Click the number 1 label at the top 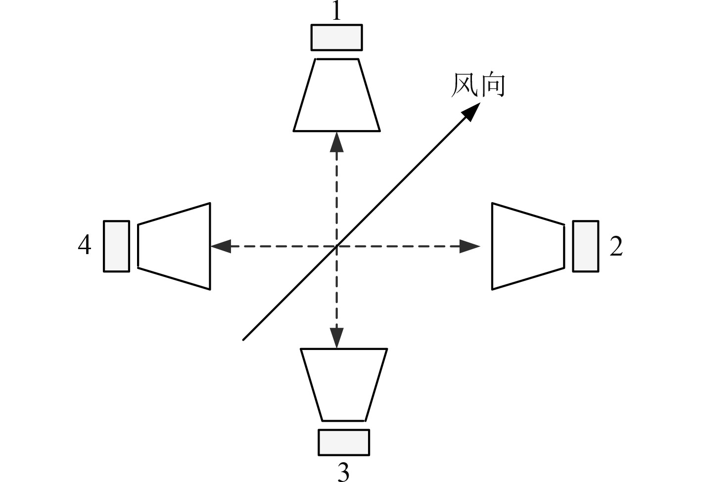[x=336, y=11]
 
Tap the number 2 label [x=616, y=246]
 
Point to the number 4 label [x=85, y=245]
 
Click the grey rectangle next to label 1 [x=336, y=38]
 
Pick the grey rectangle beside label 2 [x=586, y=246]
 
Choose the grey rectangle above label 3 [x=344, y=442]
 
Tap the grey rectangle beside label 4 [x=117, y=246]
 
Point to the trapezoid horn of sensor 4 [x=174, y=246]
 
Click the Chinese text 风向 [x=478, y=86]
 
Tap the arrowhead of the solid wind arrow [x=471, y=112]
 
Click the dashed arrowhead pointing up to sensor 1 [x=337, y=141]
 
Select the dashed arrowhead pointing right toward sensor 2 [x=470, y=246]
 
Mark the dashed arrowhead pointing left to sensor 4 [x=221, y=246]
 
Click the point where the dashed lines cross [x=337, y=246]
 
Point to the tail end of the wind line [x=243, y=340]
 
